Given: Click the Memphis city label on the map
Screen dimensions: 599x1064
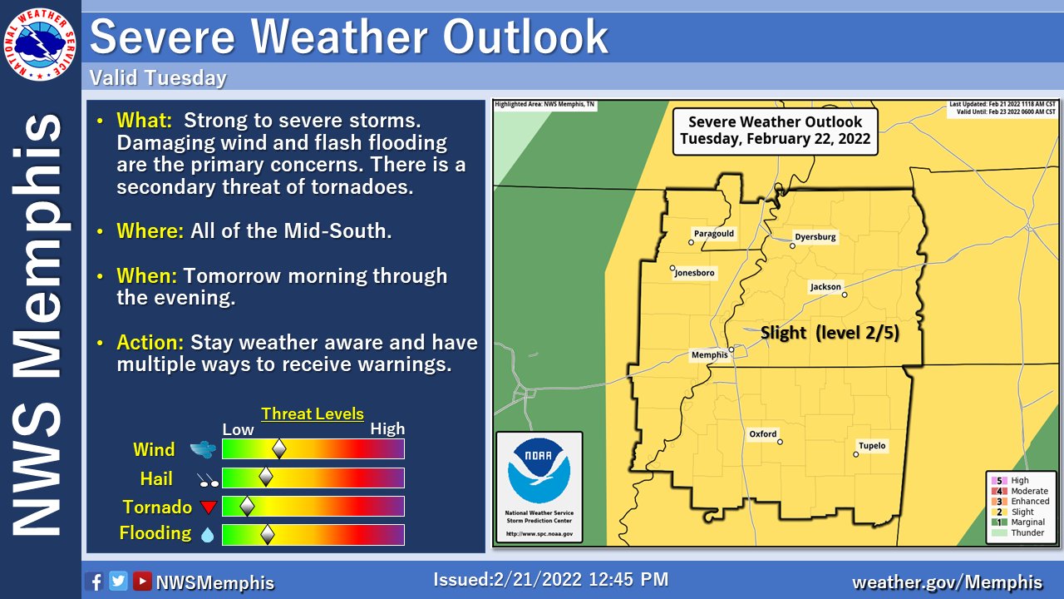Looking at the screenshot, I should point(709,356).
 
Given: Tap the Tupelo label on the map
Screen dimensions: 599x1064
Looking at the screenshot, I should point(872,446).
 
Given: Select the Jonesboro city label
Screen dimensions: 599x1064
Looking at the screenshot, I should point(694,273).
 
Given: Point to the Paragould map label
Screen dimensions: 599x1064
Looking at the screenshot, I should point(714,234).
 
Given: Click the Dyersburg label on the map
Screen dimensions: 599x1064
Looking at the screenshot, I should point(815,237).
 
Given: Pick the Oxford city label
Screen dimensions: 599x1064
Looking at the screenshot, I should point(762,434).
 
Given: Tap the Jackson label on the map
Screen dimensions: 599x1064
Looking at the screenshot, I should point(825,287).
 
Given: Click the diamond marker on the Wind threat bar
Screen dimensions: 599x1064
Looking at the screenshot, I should point(279,449).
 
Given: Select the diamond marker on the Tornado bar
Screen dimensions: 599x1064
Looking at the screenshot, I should point(247,506).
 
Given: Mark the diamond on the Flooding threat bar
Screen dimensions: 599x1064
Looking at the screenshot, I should point(268,534).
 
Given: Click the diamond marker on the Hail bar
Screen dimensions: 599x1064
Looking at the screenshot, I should point(266,477).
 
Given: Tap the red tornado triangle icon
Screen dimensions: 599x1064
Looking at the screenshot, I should point(208,507).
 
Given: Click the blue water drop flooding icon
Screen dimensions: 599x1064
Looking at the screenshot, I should point(207,535).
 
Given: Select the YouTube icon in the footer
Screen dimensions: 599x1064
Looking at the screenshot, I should point(142,582).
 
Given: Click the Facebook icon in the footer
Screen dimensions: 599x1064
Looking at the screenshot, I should point(94,582).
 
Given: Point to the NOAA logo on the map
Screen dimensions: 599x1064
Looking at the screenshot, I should point(539,471).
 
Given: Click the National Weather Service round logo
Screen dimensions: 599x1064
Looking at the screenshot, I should point(41,41).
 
